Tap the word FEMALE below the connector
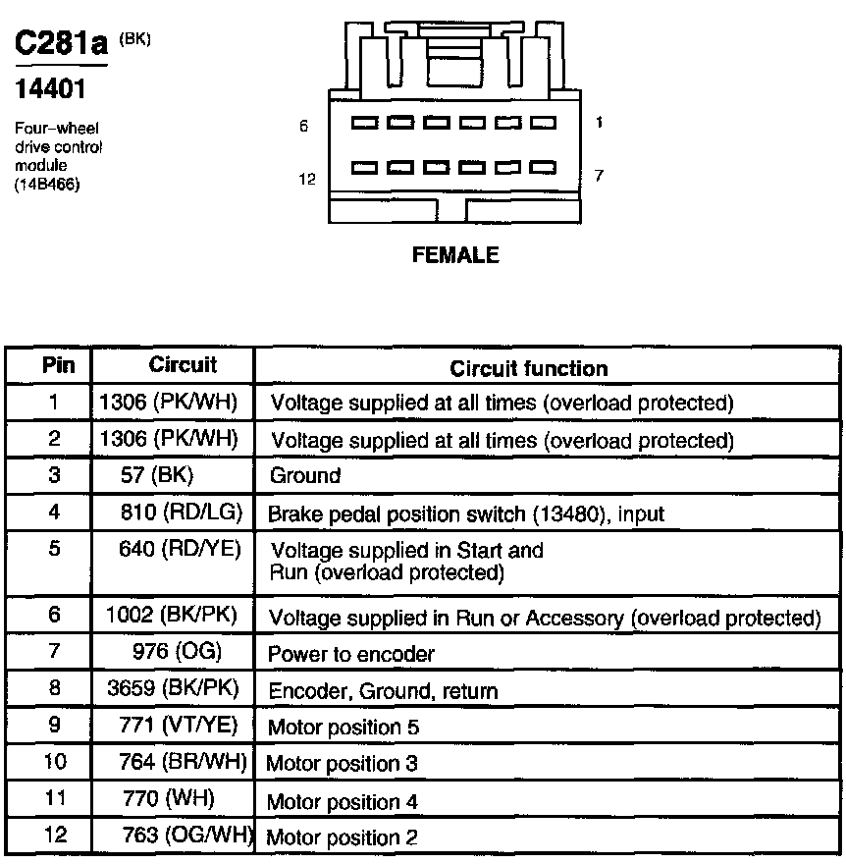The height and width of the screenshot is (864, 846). click(455, 256)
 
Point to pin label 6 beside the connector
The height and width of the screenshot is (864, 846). click(304, 126)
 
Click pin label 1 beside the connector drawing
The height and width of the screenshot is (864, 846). click(599, 123)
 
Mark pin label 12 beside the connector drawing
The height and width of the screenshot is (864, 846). click(307, 179)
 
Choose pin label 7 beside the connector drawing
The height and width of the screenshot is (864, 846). click(599, 176)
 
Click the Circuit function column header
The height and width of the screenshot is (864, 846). click(528, 369)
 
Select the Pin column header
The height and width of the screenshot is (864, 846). click(59, 365)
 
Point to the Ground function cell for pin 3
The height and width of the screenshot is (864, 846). click(305, 476)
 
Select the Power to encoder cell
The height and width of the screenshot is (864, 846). click(350, 653)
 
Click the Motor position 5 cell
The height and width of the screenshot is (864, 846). click(344, 728)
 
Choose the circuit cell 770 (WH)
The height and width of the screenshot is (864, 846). click(169, 799)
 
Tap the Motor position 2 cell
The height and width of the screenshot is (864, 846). click(342, 837)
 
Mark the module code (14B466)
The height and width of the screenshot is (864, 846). click(47, 184)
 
